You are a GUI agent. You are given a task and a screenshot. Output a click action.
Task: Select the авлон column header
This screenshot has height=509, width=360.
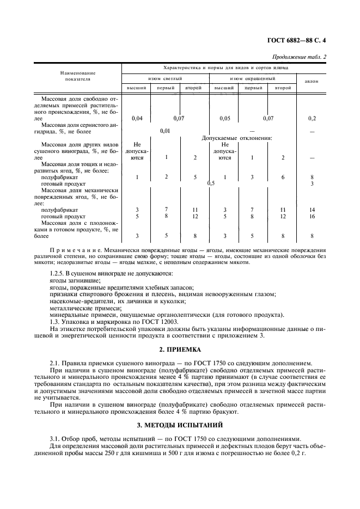click(x=312, y=81)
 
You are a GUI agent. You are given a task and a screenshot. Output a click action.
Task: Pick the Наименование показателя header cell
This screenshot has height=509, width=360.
click(x=78, y=76)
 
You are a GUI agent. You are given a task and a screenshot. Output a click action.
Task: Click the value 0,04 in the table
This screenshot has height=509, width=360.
click(x=137, y=118)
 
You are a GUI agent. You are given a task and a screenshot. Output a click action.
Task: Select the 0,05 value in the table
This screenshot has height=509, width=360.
click(x=225, y=118)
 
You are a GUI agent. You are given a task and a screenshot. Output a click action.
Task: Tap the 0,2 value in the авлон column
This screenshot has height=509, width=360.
click(x=312, y=118)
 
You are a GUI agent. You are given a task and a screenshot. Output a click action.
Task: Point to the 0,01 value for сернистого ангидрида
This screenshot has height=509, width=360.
click(x=166, y=131)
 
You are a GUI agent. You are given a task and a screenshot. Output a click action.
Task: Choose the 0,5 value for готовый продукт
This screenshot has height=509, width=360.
click(x=211, y=183)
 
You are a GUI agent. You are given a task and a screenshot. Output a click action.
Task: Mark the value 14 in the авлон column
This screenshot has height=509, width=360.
click(x=312, y=210)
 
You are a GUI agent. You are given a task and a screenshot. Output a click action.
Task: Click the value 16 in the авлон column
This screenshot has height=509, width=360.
click(x=312, y=216)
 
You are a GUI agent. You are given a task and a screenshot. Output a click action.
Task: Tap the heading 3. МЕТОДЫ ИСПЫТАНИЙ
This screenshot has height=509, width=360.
click(x=180, y=424)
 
